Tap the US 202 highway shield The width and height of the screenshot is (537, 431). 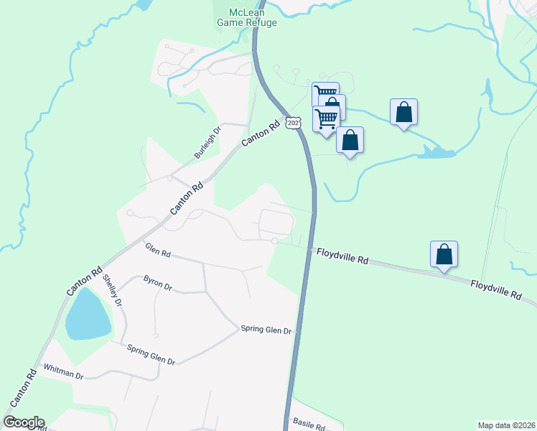293,123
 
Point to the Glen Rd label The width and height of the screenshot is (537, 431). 157,252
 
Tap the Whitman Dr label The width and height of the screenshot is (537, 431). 64,371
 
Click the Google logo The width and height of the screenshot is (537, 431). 24,422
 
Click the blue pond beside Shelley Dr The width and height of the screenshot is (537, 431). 88,314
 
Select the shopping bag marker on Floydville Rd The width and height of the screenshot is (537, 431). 444,254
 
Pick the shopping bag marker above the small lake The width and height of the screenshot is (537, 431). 404,112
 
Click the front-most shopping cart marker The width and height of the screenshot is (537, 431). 326,118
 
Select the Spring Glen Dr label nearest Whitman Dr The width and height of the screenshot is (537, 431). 151,356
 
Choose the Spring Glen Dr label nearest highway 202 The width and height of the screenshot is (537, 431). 266,330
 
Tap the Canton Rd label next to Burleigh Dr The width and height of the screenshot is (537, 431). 259,134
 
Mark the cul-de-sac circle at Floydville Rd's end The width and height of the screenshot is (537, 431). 274,241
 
